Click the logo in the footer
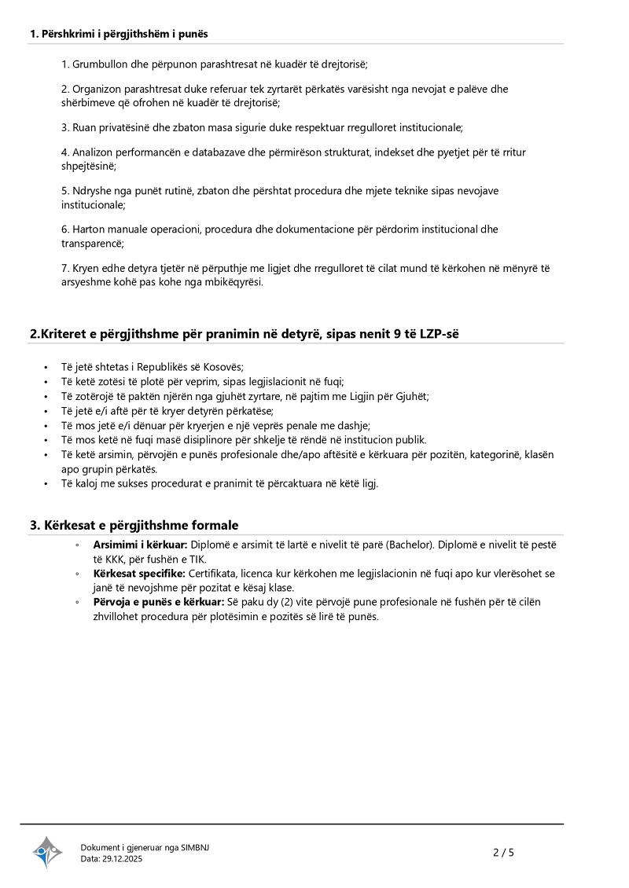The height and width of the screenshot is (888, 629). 47,852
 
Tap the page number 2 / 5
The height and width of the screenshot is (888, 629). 503,852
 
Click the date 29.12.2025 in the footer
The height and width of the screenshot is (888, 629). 123,859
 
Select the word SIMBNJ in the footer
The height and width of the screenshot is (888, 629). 195,847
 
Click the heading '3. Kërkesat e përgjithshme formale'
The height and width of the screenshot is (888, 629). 134,525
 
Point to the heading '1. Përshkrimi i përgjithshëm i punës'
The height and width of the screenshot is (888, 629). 119,34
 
